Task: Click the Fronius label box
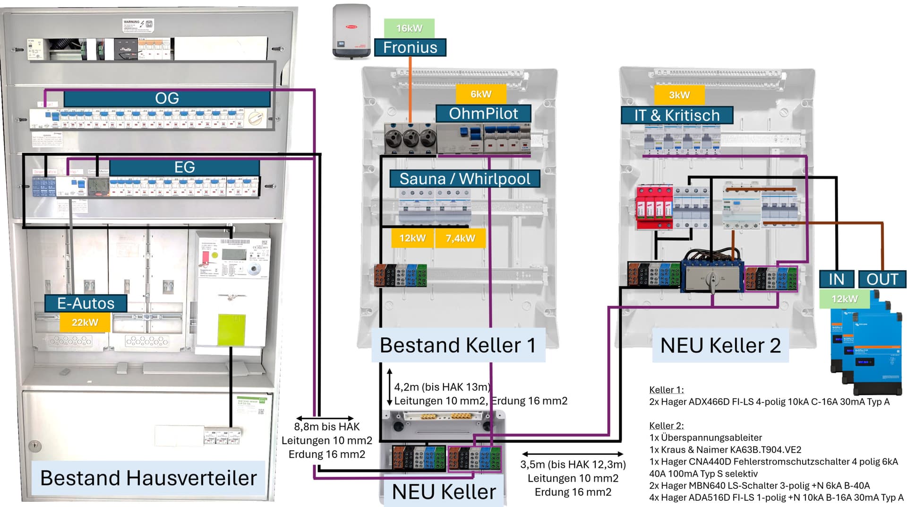click(410, 47)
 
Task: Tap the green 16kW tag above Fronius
click(409, 28)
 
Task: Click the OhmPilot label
click(483, 114)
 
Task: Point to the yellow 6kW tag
click(481, 94)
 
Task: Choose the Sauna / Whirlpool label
click(464, 179)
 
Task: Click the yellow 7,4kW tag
click(460, 238)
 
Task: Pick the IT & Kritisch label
click(676, 115)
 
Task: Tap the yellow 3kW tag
click(679, 95)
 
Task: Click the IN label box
click(836, 279)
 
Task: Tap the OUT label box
click(882, 279)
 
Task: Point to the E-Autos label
click(86, 303)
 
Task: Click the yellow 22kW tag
click(85, 323)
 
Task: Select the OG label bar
click(167, 98)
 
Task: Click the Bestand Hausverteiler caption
click(148, 478)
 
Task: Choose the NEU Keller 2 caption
click(720, 345)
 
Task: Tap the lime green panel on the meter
click(231, 330)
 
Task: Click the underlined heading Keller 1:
click(666, 390)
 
